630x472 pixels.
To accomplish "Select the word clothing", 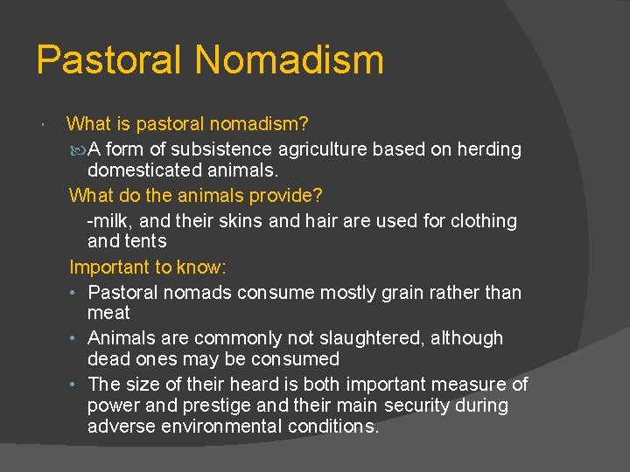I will click(483, 221).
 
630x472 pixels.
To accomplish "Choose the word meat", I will click(108, 313).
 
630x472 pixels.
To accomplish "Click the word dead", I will click(108, 358).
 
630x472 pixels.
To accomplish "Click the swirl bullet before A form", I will click(78, 150).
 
